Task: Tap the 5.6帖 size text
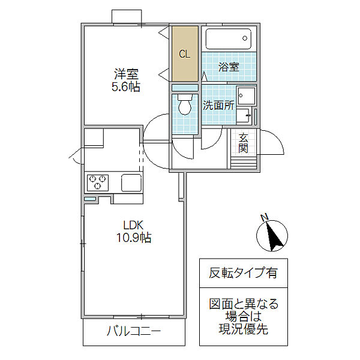tap(126, 87)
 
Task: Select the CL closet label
tap(185, 54)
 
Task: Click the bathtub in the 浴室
tap(228, 40)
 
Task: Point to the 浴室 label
tap(229, 67)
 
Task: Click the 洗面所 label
tap(217, 106)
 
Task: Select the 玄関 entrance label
tap(243, 143)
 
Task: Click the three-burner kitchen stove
tap(98, 182)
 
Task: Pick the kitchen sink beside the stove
tap(131, 182)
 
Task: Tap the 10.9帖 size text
tap(133, 238)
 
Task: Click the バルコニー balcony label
tap(134, 331)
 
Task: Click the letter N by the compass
tap(264, 217)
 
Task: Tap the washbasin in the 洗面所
tap(245, 97)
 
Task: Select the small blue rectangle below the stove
tap(90, 199)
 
